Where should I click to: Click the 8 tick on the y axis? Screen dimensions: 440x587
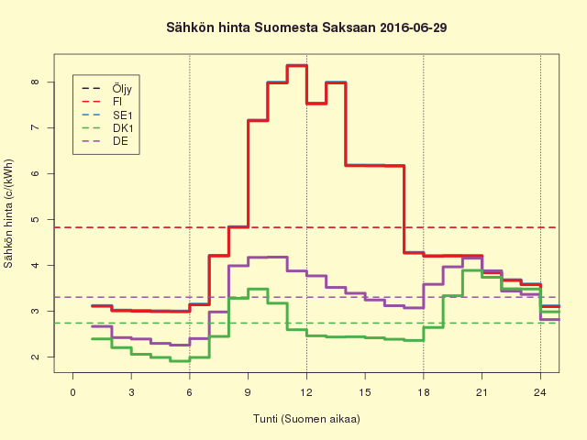click(34, 82)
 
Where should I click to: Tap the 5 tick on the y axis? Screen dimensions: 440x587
click(34, 220)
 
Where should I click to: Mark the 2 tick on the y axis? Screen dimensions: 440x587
click(34, 357)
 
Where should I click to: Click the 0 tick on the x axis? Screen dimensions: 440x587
click(72, 392)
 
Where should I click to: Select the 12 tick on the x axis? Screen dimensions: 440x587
click(306, 392)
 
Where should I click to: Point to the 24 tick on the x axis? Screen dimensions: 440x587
click(540, 392)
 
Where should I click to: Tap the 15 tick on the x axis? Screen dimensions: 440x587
click(365, 392)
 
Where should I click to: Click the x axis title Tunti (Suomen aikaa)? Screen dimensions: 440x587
click(306, 419)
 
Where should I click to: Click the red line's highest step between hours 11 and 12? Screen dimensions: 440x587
click(296, 65)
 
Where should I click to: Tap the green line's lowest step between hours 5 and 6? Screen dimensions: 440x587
click(180, 360)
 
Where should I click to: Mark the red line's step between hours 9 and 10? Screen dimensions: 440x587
click(258, 120)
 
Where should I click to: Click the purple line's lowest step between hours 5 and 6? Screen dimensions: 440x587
click(180, 345)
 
